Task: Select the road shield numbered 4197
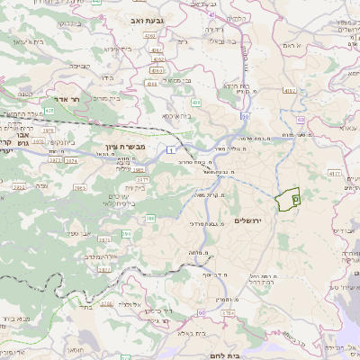click(289, 91)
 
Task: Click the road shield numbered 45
click(211, 15)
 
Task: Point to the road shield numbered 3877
click(104, 269)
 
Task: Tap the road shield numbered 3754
click(227, 312)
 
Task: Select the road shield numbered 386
click(150, 218)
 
